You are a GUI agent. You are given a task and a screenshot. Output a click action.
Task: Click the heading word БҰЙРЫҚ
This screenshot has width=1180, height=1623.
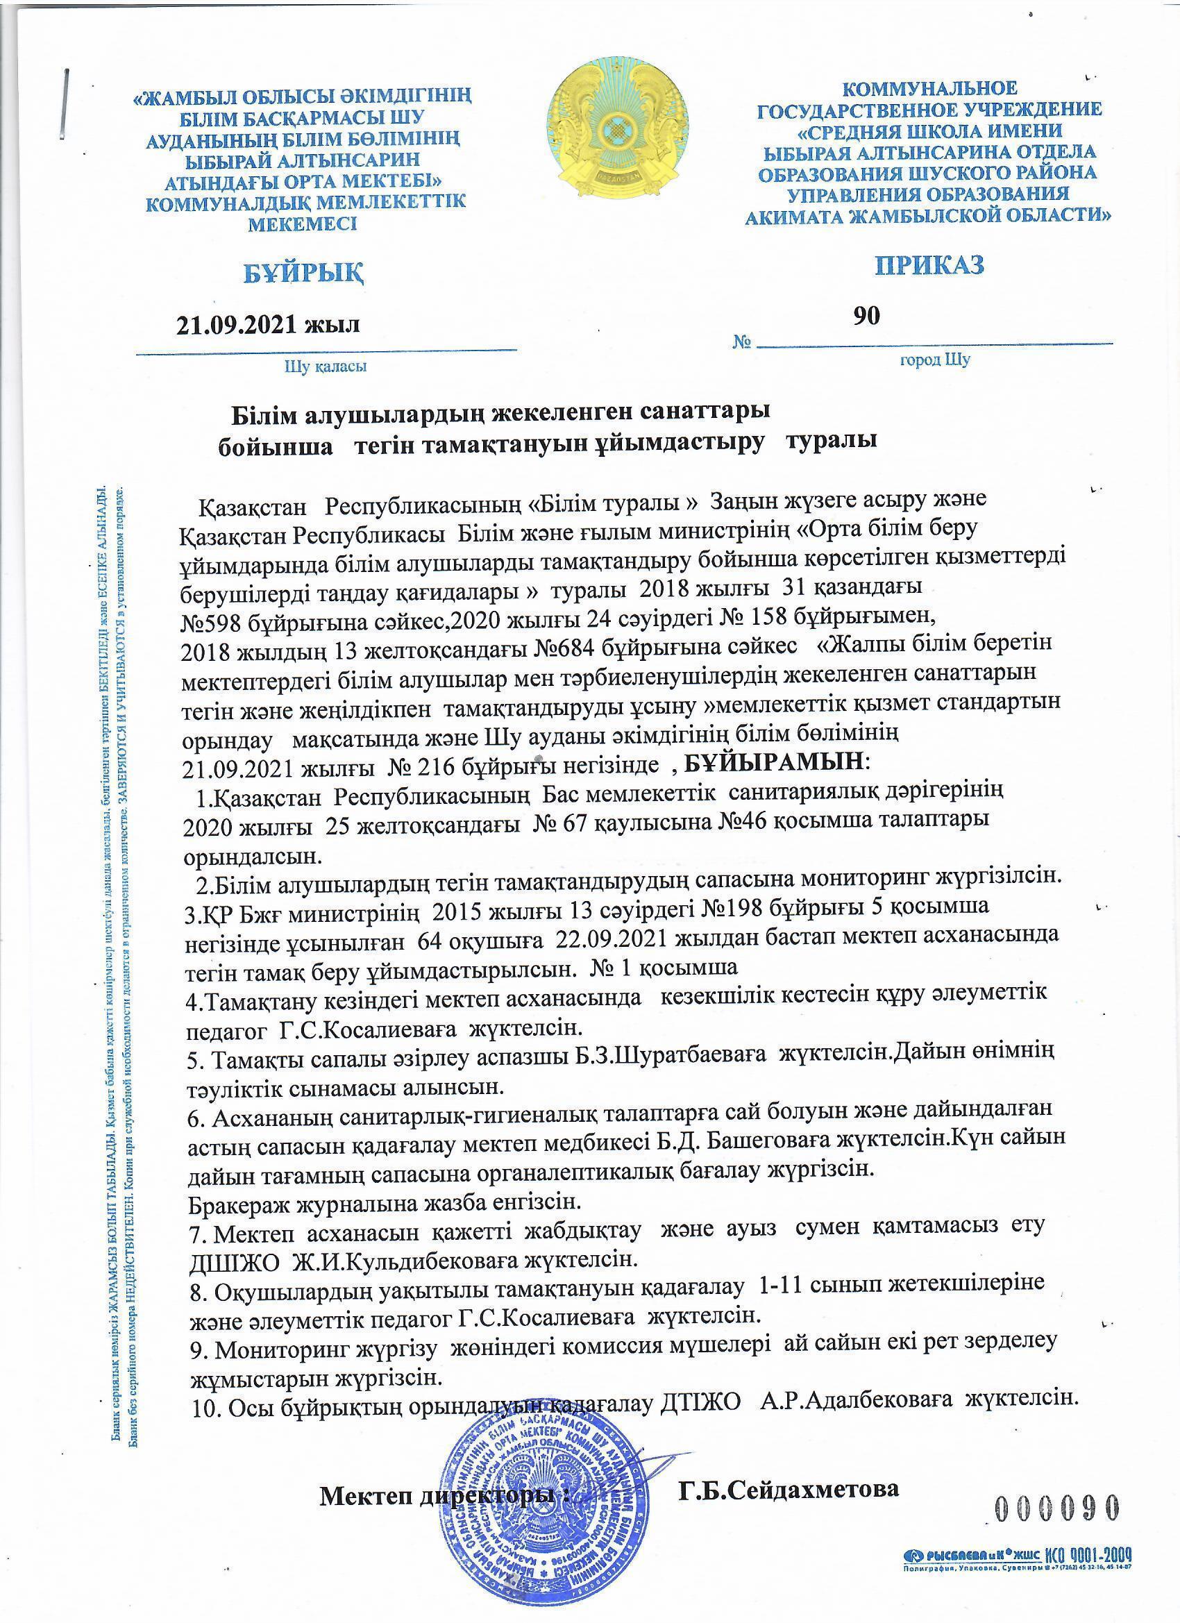[x=304, y=272]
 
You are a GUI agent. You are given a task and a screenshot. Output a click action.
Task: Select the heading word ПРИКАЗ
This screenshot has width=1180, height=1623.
[x=929, y=264]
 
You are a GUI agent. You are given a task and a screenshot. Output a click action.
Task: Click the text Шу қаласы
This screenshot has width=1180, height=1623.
[x=326, y=367]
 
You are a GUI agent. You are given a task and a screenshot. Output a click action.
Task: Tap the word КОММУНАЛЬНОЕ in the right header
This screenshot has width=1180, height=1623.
[x=929, y=89]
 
